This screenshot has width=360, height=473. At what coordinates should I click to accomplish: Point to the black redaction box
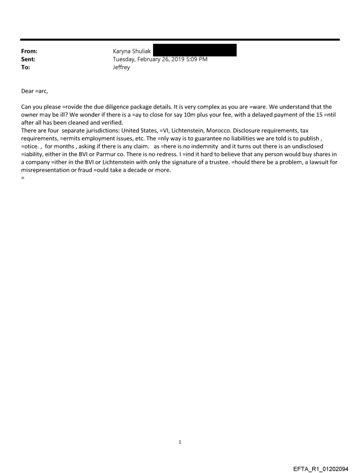pos(194,50)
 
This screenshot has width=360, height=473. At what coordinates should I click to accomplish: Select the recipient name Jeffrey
pos(121,67)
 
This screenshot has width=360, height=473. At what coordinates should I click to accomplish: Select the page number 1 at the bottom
pos(180,442)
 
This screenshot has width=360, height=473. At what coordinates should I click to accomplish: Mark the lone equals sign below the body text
pos(22,178)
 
